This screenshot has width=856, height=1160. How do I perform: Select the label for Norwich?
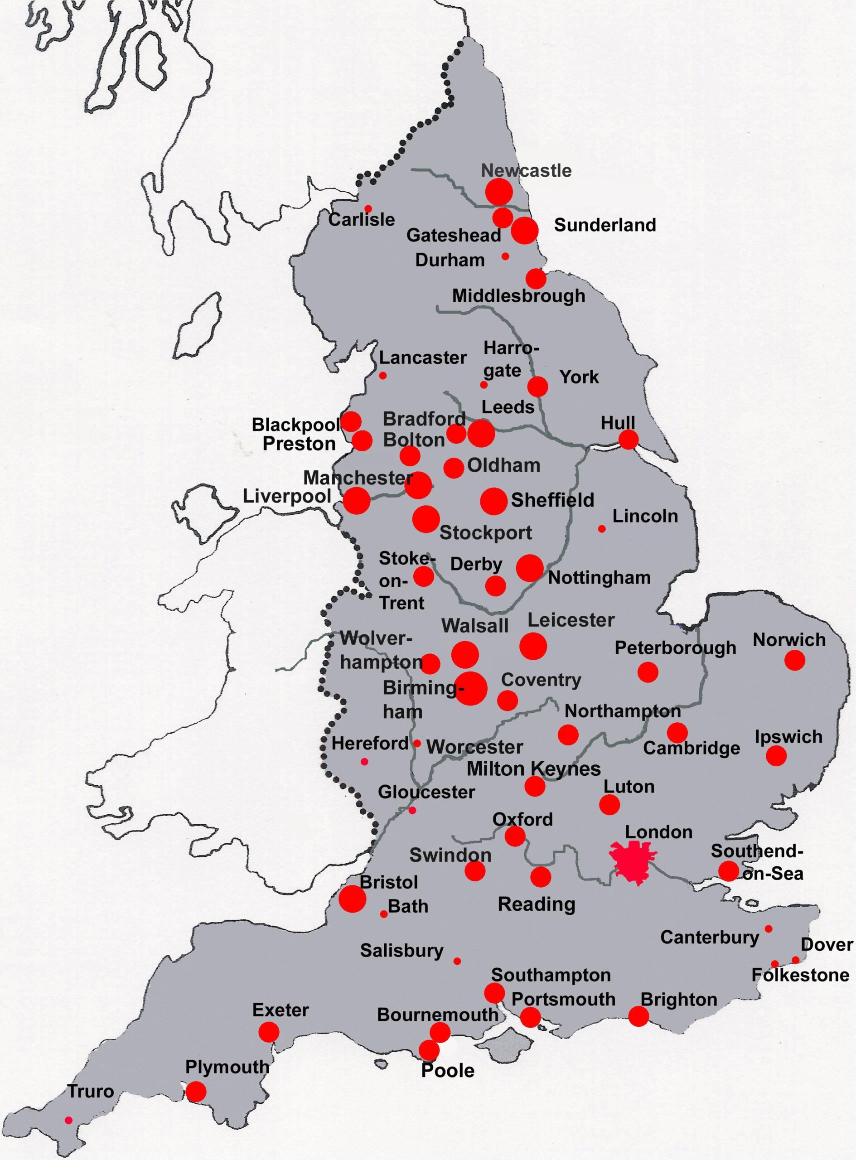[x=788, y=640]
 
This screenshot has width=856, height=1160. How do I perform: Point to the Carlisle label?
[x=361, y=220]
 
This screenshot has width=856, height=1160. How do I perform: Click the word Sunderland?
[x=605, y=225]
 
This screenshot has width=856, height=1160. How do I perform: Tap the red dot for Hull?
[x=629, y=440]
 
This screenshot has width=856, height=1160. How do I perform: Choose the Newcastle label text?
[x=526, y=170]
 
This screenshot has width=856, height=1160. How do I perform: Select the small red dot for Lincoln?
[x=602, y=529]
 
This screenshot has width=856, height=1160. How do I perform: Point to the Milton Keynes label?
[x=533, y=769]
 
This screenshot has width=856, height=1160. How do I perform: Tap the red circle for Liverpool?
[x=357, y=500]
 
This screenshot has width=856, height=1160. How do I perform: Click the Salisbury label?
[x=401, y=951]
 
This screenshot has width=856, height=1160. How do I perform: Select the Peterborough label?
[x=675, y=648]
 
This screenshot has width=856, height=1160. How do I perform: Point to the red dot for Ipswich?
[x=776, y=756]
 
